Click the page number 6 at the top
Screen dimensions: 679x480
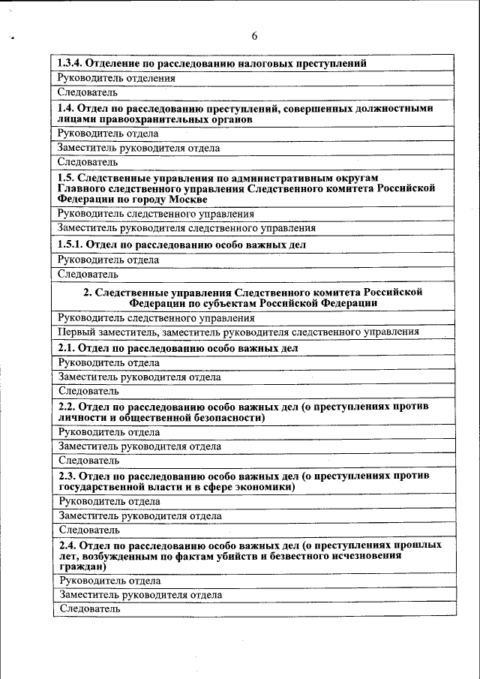pos(254,36)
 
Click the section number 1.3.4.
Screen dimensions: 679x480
pos(72,63)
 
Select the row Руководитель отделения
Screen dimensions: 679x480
pos(117,77)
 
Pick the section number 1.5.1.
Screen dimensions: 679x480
pos(70,245)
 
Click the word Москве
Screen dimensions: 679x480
pos(184,200)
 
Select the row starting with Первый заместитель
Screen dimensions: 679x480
pos(238,332)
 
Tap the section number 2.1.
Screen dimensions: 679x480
pos(67,349)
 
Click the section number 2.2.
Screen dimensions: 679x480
pos(67,406)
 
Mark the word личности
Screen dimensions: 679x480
pos(79,418)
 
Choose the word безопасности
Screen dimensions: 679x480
pos(226,418)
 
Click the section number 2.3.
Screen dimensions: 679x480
pos(67,475)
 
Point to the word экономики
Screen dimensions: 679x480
pos(266,487)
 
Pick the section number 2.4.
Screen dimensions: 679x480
pos(67,544)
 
